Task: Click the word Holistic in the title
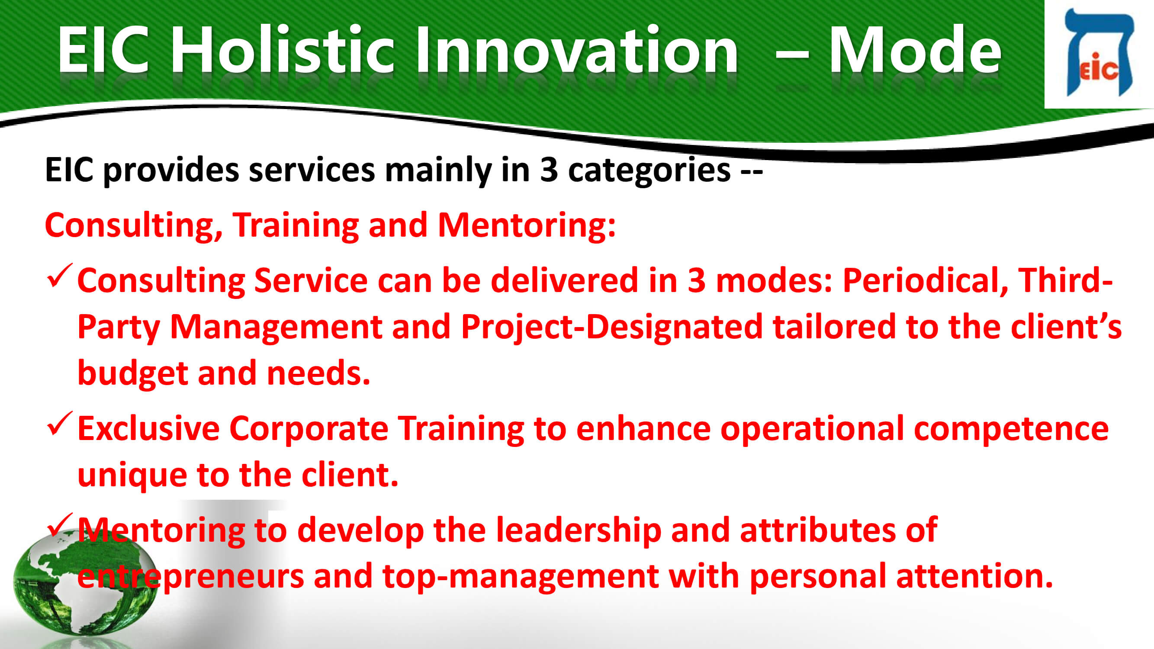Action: (x=282, y=49)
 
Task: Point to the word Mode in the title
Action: (x=914, y=49)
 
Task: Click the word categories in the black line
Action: (x=649, y=170)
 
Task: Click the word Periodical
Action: (x=926, y=280)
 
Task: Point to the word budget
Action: (x=132, y=373)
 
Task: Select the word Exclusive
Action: (x=148, y=429)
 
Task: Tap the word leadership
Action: (x=579, y=531)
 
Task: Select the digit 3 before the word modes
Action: (x=697, y=280)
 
